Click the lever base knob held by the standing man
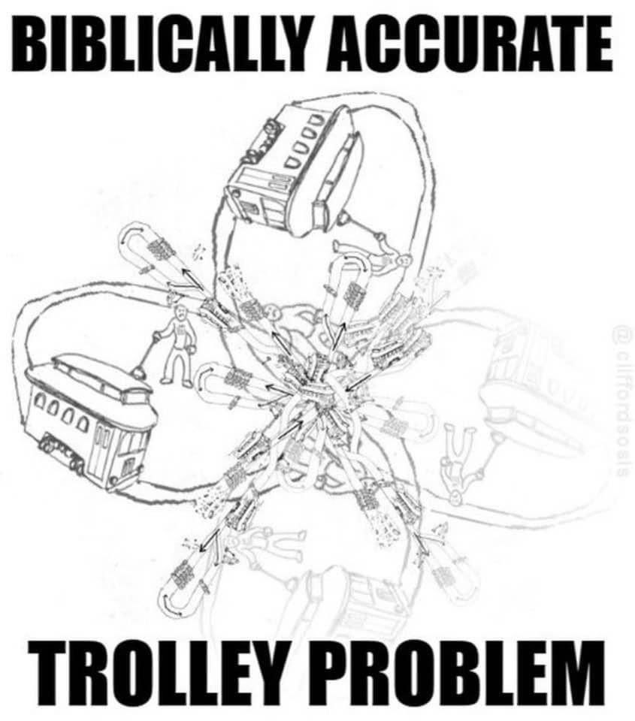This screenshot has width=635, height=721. click(x=138, y=372)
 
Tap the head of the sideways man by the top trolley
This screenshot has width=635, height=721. click(x=404, y=261)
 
